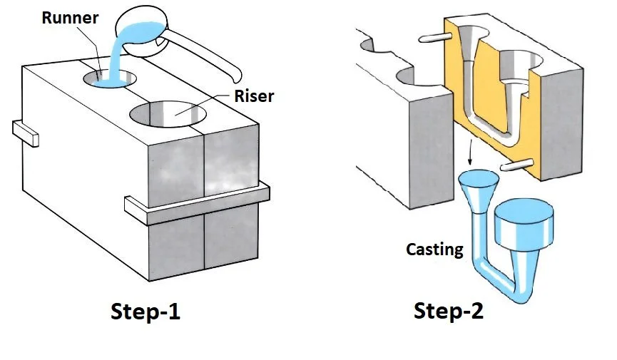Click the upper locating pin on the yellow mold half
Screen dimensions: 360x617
[x=434, y=34]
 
